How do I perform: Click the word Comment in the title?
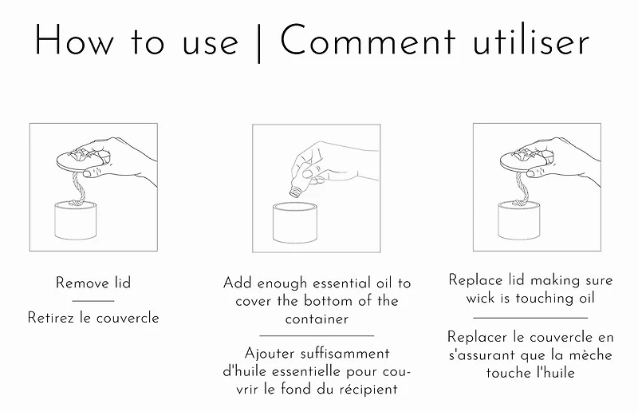coord(368,40)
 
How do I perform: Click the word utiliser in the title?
coord(530,41)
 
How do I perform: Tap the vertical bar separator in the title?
coord(259,43)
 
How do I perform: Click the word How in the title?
coord(74,40)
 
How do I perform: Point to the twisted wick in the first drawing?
coord(79,188)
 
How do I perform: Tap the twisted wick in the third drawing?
coord(522,188)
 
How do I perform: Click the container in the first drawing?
coord(75,220)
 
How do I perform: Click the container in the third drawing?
coord(519,220)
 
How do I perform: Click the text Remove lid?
coord(93,283)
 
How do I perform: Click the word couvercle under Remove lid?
coord(126,318)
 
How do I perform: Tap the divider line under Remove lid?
coord(93,301)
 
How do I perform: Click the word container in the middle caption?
coord(317,319)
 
